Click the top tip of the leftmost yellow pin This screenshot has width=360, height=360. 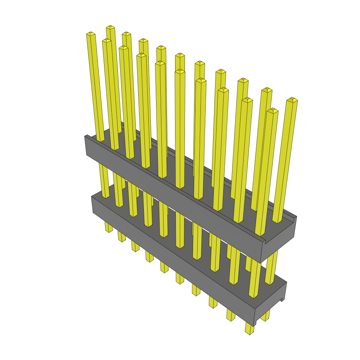point(91,34)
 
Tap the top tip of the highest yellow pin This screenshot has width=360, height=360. point(110,27)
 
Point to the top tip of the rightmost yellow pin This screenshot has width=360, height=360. point(292,100)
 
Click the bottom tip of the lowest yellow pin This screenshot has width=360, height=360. point(250,332)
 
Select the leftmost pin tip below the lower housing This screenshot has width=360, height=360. point(109,230)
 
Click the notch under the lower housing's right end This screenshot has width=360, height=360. point(282,300)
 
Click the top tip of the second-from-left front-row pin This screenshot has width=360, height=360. point(107,41)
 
